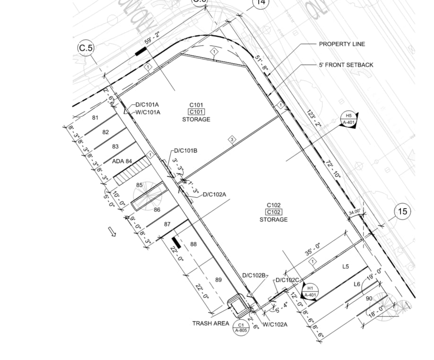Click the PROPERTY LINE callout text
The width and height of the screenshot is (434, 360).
pyautogui.click(x=342, y=44)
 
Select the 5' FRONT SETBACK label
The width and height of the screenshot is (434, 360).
pyautogui.click(x=346, y=65)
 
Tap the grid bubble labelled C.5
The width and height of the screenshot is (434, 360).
pyautogui.click(x=86, y=48)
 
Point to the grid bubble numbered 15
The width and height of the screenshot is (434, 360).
pyautogui.click(x=402, y=211)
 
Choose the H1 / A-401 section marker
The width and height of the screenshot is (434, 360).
pyautogui.click(x=310, y=291)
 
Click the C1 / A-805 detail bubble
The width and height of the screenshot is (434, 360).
pyautogui.click(x=241, y=327)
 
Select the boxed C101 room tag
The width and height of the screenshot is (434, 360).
pyautogui.click(x=196, y=112)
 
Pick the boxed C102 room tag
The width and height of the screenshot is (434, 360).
pyautogui.click(x=273, y=212)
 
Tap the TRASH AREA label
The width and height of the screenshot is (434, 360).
pyautogui.click(x=210, y=324)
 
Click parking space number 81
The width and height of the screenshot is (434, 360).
pyautogui.click(x=95, y=118)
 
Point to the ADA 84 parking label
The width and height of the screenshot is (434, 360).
pyautogui.click(x=122, y=161)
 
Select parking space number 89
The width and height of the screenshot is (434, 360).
pyautogui.click(x=218, y=280)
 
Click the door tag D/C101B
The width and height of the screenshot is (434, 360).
pyautogui.click(x=186, y=151)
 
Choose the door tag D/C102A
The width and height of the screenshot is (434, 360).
pyautogui.click(x=215, y=194)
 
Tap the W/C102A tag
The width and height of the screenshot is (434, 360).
pyautogui.click(x=275, y=324)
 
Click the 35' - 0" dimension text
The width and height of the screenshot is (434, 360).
pyautogui.click(x=312, y=249)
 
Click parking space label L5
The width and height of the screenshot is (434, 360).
pyautogui.click(x=345, y=267)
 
